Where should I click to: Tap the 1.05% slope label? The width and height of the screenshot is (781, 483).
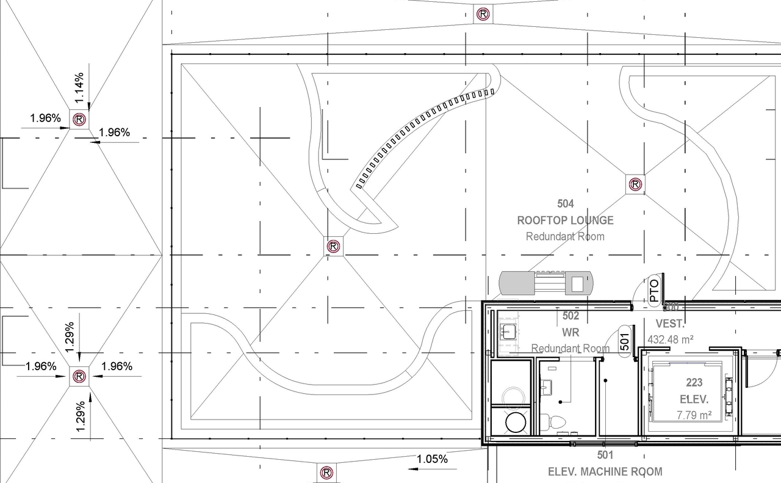(432, 459)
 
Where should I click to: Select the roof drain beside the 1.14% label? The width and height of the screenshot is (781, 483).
(79, 120)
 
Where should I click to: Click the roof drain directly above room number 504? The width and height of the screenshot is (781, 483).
(635, 184)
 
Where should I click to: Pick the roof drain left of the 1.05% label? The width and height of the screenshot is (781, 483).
(326, 473)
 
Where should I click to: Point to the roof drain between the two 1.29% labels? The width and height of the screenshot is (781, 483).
(79, 377)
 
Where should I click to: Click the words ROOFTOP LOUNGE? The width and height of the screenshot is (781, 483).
(565, 220)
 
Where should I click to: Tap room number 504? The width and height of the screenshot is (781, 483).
(565, 203)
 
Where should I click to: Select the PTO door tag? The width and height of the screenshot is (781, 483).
(654, 291)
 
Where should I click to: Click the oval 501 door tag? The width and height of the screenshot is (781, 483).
(624, 341)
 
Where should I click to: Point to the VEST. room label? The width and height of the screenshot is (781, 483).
(670, 324)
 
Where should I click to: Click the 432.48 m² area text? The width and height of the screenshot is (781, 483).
(670, 340)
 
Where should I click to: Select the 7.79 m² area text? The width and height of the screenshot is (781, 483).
(694, 415)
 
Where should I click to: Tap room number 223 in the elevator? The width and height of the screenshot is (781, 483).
(694, 383)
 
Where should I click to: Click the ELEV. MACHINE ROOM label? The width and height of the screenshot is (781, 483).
(605, 471)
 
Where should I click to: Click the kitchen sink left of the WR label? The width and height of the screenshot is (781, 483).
(508, 332)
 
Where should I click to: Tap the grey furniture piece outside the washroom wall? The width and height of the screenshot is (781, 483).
(546, 283)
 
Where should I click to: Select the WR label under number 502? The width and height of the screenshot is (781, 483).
(570, 333)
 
